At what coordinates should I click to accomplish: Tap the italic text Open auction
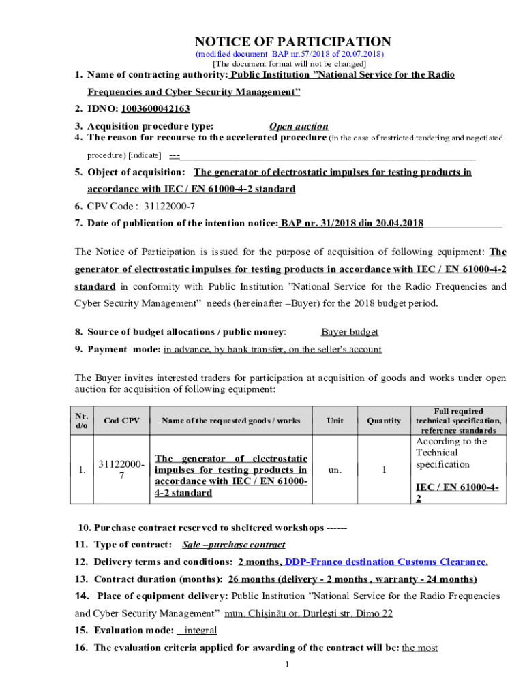pyautogui.click(x=299, y=126)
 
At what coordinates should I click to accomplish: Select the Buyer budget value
pyautogui.click(x=350, y=332)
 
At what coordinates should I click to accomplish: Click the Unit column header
pyautogui.click(x=335, y=421)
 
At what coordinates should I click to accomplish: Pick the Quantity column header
pyautogui.click(x=384, y=421)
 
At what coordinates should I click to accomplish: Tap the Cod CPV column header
pyautogui.click(x=121, y=421)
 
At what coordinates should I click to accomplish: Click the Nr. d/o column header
pyautogui.click(x=82, y=421)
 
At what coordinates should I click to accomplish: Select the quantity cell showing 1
pyautogui.click(x=384, y=470)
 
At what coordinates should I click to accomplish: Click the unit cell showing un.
pyautogui.click(x=335, y=470)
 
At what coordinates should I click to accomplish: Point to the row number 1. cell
pyautogui.click(x=82, y=470)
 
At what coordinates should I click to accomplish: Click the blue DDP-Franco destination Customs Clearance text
pyautogui.click(x=386, y=562)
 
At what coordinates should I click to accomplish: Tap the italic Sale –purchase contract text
pyautogui.click(x=234, y=545)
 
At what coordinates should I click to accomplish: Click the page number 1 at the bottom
pyautogui.click(x=288, y=665)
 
